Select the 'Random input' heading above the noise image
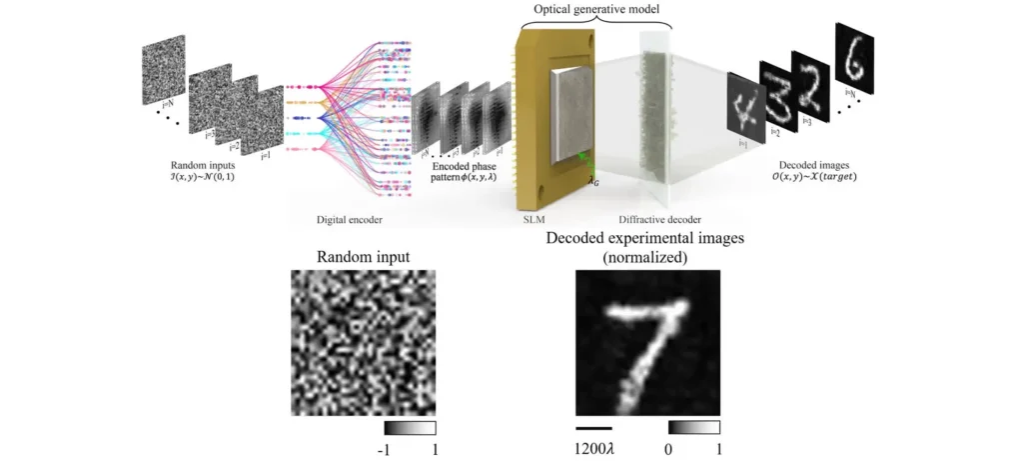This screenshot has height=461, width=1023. pyautogui.click(x=363, y=256)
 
